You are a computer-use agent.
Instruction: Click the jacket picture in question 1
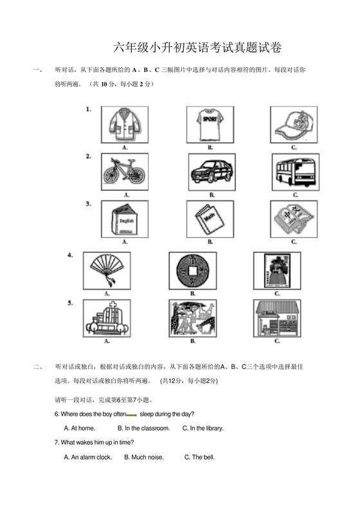pos(125,124)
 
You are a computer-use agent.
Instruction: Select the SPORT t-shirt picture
pos(210,124)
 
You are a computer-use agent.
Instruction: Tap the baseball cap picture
pos(294,124)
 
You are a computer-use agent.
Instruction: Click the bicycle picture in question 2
pos(125,172)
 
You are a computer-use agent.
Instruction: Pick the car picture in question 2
pos(210,172)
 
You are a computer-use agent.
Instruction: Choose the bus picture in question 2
pos(294,172)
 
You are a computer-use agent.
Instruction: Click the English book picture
pos(125,219)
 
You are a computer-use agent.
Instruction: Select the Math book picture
pos(210,219)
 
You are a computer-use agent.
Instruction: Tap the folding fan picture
pos(107,270)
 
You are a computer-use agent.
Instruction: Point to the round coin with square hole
pos(192,270)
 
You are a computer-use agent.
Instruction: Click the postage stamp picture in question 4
pos(277,270)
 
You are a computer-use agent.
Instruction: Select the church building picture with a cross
pos(107,318)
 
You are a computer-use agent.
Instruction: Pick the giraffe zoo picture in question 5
pos(192,318)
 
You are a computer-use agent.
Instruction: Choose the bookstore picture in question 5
pos(277,318)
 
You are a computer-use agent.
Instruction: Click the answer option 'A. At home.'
pos(80,428)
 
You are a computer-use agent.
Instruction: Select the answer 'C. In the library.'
pos(203,428)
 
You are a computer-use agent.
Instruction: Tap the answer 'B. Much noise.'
pos(144,458)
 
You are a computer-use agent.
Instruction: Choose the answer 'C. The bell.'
pos(199,458)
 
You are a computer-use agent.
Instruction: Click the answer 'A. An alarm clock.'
pos(88,458)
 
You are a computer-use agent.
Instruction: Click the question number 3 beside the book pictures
pos(88,203)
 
